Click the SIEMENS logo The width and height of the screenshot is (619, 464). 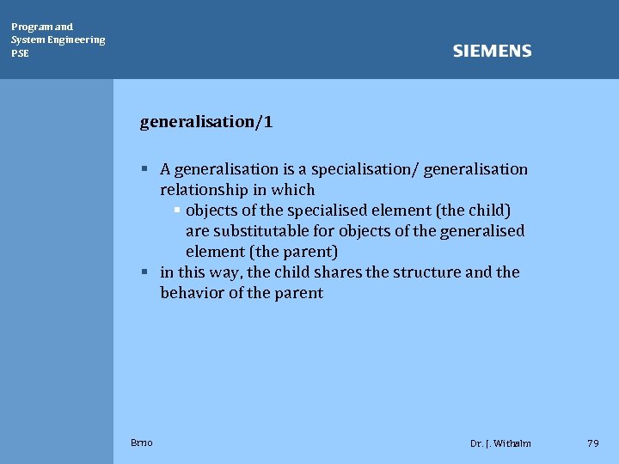(x=492, y=52)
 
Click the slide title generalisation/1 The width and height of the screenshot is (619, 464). (x=206, y=122)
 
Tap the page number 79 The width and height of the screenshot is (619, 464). (x=592, y=443)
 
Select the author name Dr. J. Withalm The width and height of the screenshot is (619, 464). (x=500, y=443)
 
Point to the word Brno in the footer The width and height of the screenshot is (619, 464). (x=142, y=443)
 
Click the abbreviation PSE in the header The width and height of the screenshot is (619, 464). (x=20, y=53)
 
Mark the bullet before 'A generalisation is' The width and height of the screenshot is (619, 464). (x=147, y=169)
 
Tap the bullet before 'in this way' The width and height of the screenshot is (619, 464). (x=147, y=272)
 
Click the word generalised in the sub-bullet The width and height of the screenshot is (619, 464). (x=481, y=231)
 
